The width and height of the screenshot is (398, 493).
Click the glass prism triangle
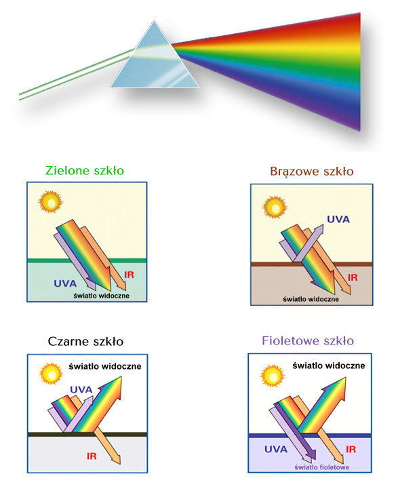coord(155,60)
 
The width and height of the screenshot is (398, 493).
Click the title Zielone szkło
coord(85,171)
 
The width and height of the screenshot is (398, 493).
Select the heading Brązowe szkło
coord(311,172)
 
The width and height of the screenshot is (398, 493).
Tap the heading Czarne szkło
coord(85,342)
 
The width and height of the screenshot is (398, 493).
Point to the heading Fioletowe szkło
coord(308,341)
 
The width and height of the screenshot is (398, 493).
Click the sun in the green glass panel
coord(50,202)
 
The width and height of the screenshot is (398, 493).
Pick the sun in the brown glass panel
coord(275,208)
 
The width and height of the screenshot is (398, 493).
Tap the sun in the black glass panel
coord(51,374)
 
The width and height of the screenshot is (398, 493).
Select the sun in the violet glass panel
coord(273,376)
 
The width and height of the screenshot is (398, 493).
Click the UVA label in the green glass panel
coord(65,283)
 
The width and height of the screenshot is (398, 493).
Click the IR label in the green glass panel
coord(129,275)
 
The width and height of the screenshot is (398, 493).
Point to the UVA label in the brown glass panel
coord(338,219)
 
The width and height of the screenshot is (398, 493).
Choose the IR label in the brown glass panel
coord(353,277)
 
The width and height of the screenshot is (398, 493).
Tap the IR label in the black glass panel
coord(92,456)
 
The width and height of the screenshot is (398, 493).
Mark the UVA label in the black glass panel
coord(81,389)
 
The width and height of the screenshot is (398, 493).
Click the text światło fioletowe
coord(321,467)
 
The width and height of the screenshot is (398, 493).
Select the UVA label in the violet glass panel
coord(276,450)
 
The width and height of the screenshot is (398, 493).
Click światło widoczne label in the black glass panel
coord(105,366)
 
